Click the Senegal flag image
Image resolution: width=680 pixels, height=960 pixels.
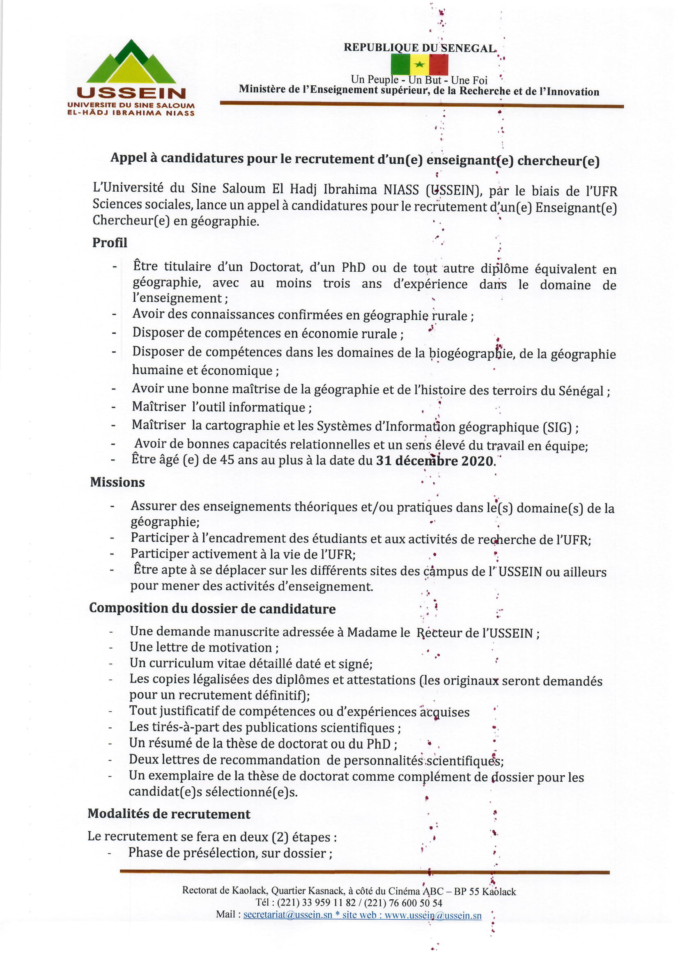point(419,64)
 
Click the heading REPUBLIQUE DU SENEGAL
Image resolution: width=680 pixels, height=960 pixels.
point(420,48)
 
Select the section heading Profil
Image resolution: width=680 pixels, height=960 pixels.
point(110,243)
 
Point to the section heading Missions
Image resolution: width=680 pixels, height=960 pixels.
point(117,482)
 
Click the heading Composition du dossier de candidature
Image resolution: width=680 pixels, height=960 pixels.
point(212,609)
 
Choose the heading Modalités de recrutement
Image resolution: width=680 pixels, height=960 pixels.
point(169,814)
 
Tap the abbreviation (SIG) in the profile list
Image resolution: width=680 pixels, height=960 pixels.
point(557,428)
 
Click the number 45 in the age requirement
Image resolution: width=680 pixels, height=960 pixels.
point(227,460)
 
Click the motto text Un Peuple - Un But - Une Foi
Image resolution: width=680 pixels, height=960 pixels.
point(419,80)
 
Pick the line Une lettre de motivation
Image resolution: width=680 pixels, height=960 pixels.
point(204,647)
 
